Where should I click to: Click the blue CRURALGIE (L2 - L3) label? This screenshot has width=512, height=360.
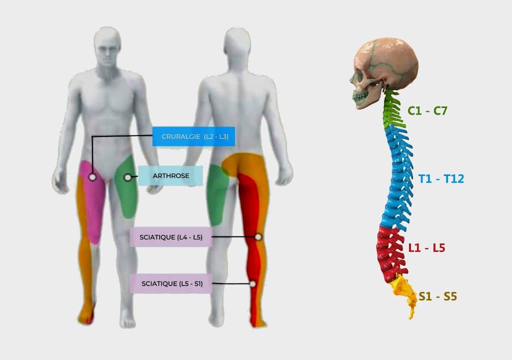click(193, 136)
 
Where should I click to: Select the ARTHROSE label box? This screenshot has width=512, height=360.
click(170, 176)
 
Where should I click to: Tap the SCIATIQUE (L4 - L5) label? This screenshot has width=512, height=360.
click(171, 237)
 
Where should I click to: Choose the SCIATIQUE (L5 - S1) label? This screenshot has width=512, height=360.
click(171, 283)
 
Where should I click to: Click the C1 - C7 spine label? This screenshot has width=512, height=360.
click(427, 111)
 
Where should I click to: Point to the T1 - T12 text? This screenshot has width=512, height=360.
click(441, 178)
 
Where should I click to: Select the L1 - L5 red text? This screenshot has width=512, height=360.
click(427, 248)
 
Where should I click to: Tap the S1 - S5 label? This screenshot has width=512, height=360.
click(438, 296)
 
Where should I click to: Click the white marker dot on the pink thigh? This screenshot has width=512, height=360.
click(92, 177)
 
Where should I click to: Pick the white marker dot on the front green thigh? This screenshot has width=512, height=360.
click(127, 177)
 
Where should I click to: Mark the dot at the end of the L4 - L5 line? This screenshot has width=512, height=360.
click(258, 237)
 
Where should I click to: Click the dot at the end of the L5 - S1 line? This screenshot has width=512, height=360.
click(252, 284)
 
